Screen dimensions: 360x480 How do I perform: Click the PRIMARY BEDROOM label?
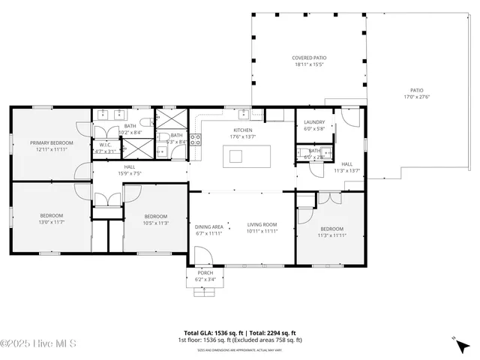[51, 142]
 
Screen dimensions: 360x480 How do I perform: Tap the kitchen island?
[236, 156]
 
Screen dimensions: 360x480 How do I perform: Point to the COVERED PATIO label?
[308, 58]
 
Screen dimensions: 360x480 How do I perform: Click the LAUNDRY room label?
[314, 121]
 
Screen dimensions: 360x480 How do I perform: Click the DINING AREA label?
[208, 226]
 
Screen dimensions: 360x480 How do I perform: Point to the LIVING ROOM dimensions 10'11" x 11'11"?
[262, 232]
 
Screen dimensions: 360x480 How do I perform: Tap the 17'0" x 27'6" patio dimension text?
[416, 96]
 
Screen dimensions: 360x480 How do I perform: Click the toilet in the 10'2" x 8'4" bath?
[152, 121]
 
